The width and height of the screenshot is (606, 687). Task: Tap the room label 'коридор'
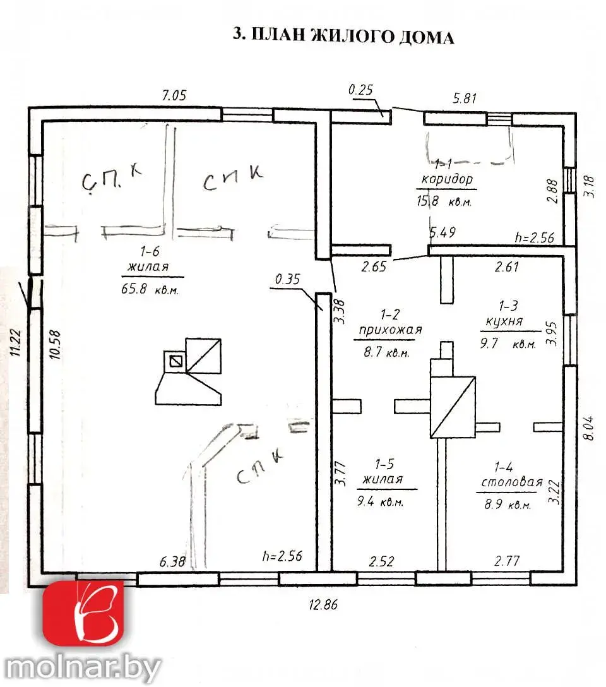(446, 179)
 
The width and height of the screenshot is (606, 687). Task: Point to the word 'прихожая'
(389, 329)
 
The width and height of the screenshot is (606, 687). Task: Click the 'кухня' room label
(504, 321)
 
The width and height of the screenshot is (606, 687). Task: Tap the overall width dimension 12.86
(323, 604)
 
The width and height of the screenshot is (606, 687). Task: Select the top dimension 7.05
(174, 95)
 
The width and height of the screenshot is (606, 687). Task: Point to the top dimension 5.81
(465, 98)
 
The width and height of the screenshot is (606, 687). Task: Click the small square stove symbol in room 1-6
(175, 361)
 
